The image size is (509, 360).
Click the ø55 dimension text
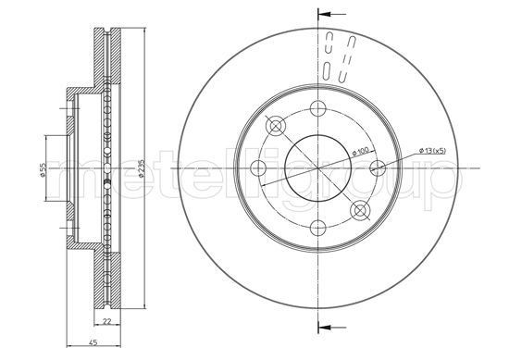pyautogui.click(x=43, y=173)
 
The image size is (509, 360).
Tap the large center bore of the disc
pyautogui.click(x=317, y=168)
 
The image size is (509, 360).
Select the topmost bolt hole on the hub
pyautogui.click(x=318, y=106)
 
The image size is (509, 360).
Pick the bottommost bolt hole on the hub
pyautogui.click(x=318, y=228)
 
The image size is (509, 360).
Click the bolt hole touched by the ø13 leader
pyautogui.click(x=378, y=168)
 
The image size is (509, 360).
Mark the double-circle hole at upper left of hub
pyautogui.click(x=274, y=125)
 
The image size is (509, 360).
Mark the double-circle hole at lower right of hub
pyautogui.click(x=361, y=210)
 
